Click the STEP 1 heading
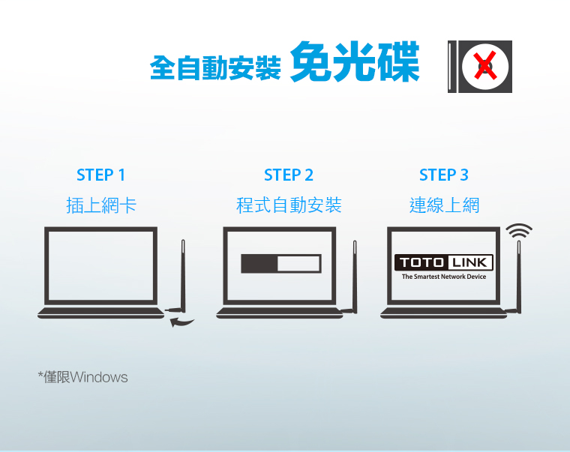pyautogui.click(x=100, y=175)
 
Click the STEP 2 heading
pyautogui.click(x=288, y=175)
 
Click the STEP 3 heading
pyautogui.click(x=443, y=175)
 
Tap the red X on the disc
pyautogui.click(x=485, y=65)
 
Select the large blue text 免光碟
pyautogui.click(x=355, y=61)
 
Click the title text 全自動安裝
pyautogui.click(x=215, y=67)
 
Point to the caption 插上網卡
pyautogui.click(x=101, y=205)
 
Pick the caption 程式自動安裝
pyautogui.click(x=289, y=205)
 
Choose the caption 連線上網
pyautogui.click(x=444, y=205)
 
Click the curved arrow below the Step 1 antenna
pyautogui.click(x=181, y=322)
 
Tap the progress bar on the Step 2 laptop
pyautogui.click(x=281, y=263)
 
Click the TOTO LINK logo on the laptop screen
pyautogui.click(x=443, y=262)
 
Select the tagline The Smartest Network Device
pyautogui.click(x=444, y=277)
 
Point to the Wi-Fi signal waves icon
pyautogui.click(x=519, y=231)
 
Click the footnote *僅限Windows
pyautogui.click(x=83, y=377)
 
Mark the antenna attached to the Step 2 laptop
pyautogui.click(x=355, y=276)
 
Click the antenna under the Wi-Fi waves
pyautogui.click(x=519, y=276)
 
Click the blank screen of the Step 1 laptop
pyautogui.click(x=100, y=266)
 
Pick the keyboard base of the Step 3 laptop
pyautogui.click(x=443, y=313)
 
